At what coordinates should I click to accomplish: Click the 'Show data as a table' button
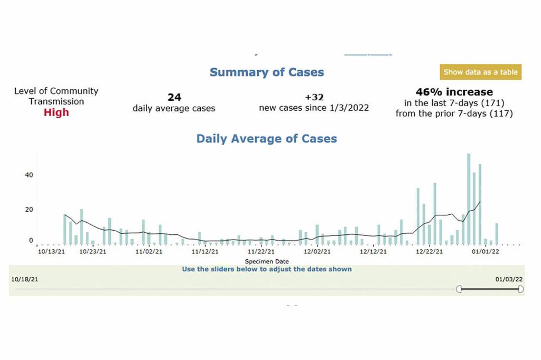point(480,72)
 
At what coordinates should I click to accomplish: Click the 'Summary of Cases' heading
point(267,72)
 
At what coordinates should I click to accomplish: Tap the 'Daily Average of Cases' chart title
point(267,139)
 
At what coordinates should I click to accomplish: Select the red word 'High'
point(56,112)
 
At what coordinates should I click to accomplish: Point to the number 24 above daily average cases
point(174,97)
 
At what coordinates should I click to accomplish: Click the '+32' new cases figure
point(314,97)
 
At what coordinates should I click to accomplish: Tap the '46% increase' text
point(454,92)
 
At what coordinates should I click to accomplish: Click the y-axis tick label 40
point(28,175)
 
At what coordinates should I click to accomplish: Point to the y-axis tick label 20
point(28,209)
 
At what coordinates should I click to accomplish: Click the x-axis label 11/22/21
point(261,252)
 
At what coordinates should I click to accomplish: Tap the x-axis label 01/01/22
point(486,252)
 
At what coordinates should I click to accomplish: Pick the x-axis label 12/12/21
point(373,252)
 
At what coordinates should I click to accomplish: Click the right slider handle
point(521,289)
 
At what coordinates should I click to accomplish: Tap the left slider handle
point(459,289)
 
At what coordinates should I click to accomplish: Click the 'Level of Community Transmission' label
point(56,96)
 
